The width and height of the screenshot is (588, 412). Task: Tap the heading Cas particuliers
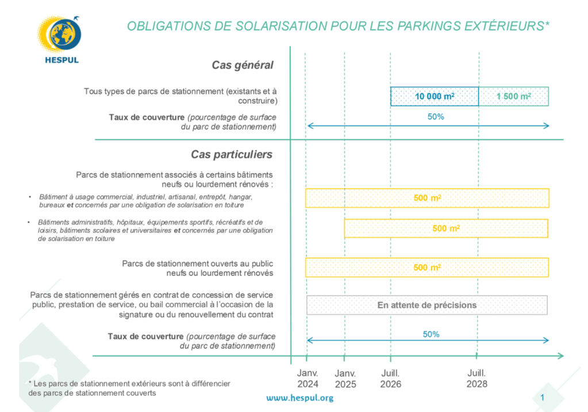[232, 155]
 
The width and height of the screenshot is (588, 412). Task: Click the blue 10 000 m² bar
[435, 97]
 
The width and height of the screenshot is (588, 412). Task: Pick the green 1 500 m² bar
[513, 97]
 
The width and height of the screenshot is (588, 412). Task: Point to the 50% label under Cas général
[436, 116]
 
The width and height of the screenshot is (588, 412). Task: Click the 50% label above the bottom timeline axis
[431, 334]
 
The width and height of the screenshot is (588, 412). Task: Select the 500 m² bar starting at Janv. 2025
[446, 228]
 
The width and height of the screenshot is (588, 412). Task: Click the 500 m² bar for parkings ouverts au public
[427, 268]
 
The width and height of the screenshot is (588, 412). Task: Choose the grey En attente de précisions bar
[426, 305]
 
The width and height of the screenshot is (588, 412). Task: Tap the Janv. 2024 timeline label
[308, 378]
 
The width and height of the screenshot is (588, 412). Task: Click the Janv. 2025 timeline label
[345, 378]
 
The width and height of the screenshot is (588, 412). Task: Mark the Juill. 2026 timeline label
[390, 378]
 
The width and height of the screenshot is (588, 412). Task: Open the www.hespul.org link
[299, 398]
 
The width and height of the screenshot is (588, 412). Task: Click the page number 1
[542, 398]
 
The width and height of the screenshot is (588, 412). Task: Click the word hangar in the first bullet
[240, 197]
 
